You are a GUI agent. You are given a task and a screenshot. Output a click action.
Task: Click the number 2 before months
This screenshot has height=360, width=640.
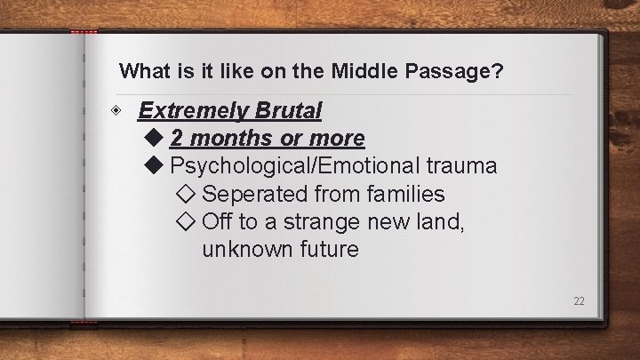click(177, 139)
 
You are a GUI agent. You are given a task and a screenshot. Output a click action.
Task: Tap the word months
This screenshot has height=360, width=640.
click(227, 139)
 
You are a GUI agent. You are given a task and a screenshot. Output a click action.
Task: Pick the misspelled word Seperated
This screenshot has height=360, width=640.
click(258, 194)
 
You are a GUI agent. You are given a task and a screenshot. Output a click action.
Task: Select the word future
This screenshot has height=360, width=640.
click(328, 249)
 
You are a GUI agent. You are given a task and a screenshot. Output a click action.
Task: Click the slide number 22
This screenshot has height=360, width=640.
click(579, 301)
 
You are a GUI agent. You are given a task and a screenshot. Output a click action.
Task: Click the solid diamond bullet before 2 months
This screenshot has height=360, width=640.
click(154, 139)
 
